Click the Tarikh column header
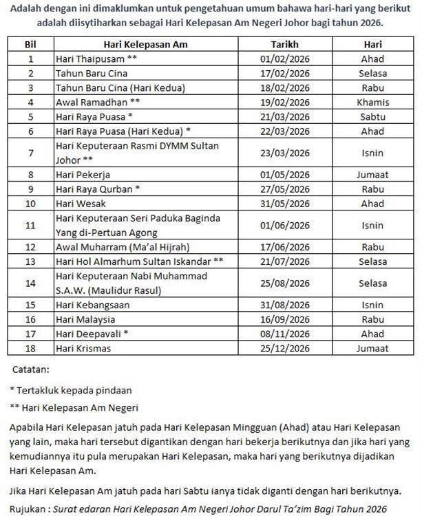click(284, 45)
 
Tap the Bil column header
click(30, 45)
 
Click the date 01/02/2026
click(284, 58)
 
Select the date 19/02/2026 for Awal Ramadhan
click(284, 102)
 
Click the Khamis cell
click(372, 102)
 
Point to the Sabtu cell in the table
click(372, 116)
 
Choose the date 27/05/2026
click(284, 189)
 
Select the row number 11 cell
click(30, 224)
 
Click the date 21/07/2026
click(284, 261)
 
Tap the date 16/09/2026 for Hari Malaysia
click(284, 319)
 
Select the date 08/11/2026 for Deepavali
click(284, 333)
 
